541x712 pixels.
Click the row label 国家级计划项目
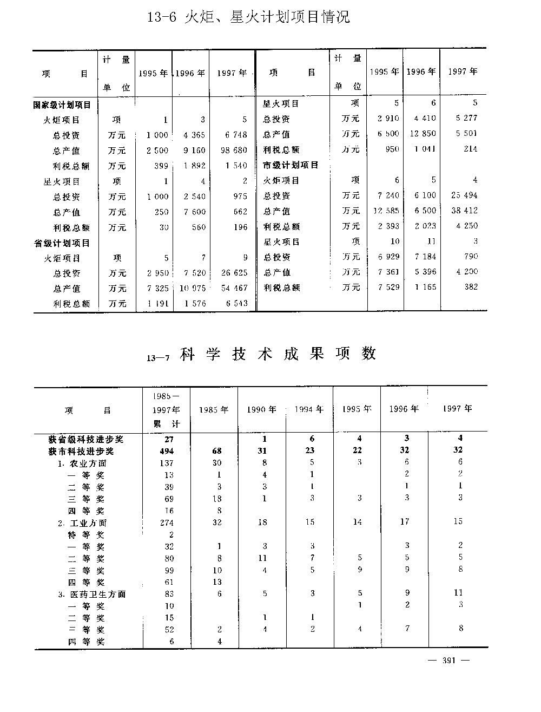pos(62,104)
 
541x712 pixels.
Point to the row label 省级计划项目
pos(62,243)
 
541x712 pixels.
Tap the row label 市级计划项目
pos(291,165)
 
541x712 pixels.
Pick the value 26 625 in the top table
pos(234,273)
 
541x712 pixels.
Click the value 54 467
pos(234,289)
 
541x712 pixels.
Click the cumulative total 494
pos(166,451)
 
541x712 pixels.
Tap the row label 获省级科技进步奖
pos(87,439)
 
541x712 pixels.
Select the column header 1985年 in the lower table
pos(213,410)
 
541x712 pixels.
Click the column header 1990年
pos(262,410)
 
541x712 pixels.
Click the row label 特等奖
pos(86,534)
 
